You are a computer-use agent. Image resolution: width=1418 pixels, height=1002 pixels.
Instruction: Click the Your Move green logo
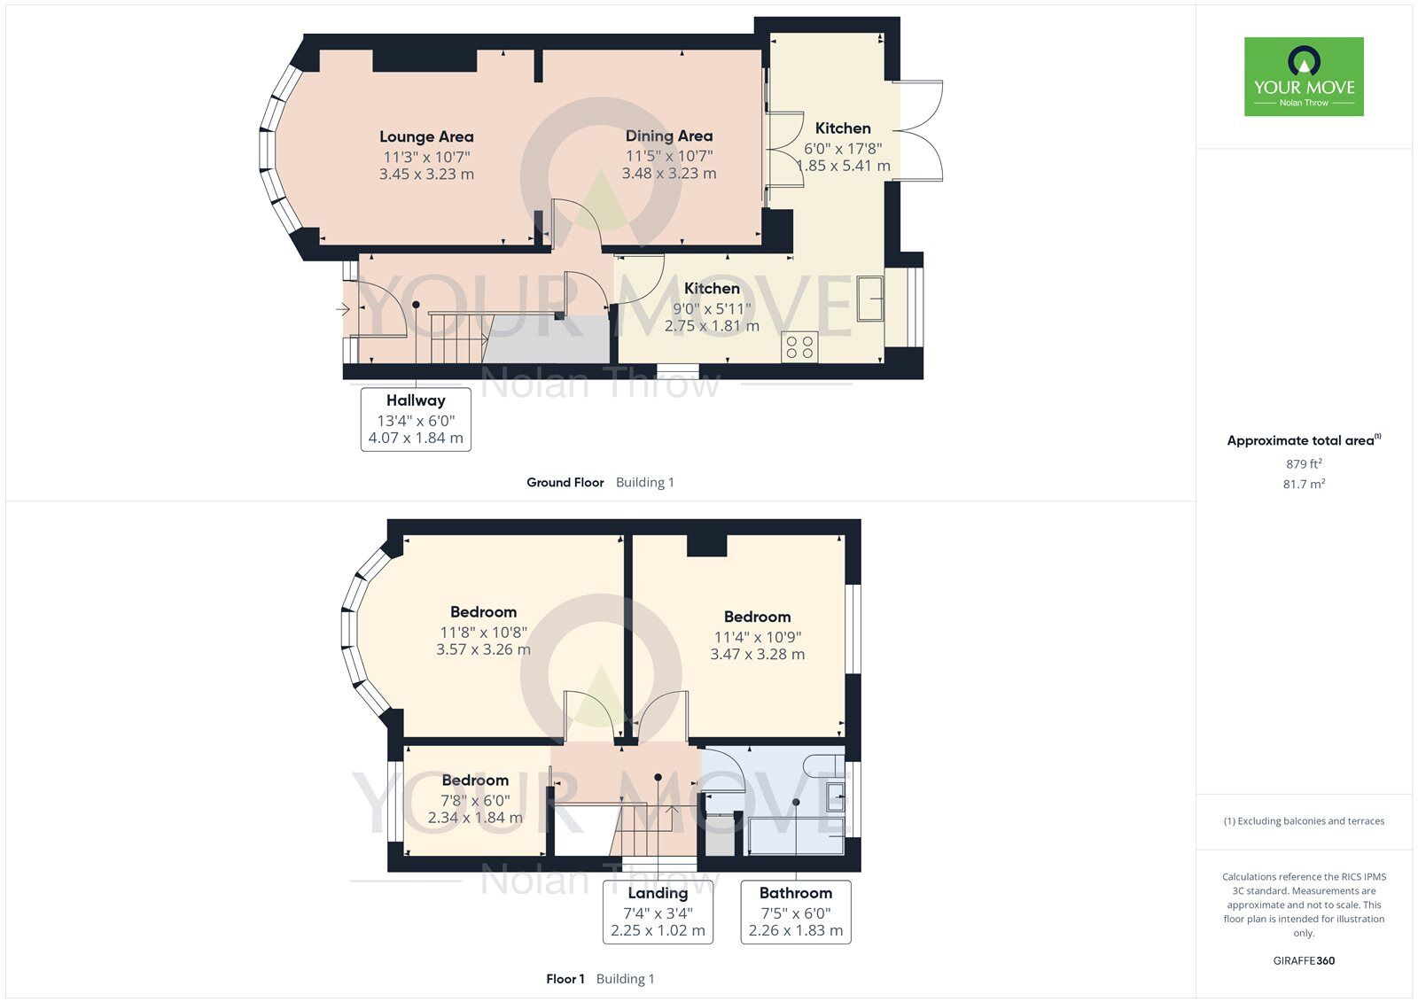[1304, 76]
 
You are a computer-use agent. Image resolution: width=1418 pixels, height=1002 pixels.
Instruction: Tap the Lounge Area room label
[426, 136]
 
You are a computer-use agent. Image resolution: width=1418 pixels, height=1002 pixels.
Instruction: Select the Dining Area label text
[669, 136]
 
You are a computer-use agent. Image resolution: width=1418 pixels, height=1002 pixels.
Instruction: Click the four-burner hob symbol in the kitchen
[799, 346]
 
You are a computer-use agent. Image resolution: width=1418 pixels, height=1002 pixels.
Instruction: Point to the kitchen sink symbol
[869, 298]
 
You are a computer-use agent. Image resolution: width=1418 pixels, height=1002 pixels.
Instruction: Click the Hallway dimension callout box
[416, 420]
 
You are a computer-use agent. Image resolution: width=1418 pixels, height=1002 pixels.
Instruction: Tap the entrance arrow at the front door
[343, 309]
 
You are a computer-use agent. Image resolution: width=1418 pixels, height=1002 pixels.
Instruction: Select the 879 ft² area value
[1304, 463]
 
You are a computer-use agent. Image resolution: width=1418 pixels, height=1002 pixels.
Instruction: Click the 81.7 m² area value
[1304, 484]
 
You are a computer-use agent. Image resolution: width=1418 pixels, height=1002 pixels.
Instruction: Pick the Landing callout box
[658, 912]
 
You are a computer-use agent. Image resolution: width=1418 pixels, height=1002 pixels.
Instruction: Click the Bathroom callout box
[796, 912]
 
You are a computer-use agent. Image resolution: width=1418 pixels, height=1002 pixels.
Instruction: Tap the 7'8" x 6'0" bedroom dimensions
[475, 800]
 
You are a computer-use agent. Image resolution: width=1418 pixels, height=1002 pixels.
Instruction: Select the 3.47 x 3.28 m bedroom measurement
[757, 655]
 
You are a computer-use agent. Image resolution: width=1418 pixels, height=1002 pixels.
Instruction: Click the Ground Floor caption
[565, 482]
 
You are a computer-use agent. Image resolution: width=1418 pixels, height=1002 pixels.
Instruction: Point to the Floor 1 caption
[565, 979]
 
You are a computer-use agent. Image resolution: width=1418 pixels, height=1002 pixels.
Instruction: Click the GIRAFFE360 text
[1304, 960]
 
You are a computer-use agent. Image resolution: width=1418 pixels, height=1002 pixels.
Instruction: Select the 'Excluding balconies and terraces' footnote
[1304, 821]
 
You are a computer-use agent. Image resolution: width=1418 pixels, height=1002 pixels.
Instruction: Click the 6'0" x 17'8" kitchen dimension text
[843, 149]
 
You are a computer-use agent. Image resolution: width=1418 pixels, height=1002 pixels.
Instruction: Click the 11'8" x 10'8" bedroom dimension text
[483, 633]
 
